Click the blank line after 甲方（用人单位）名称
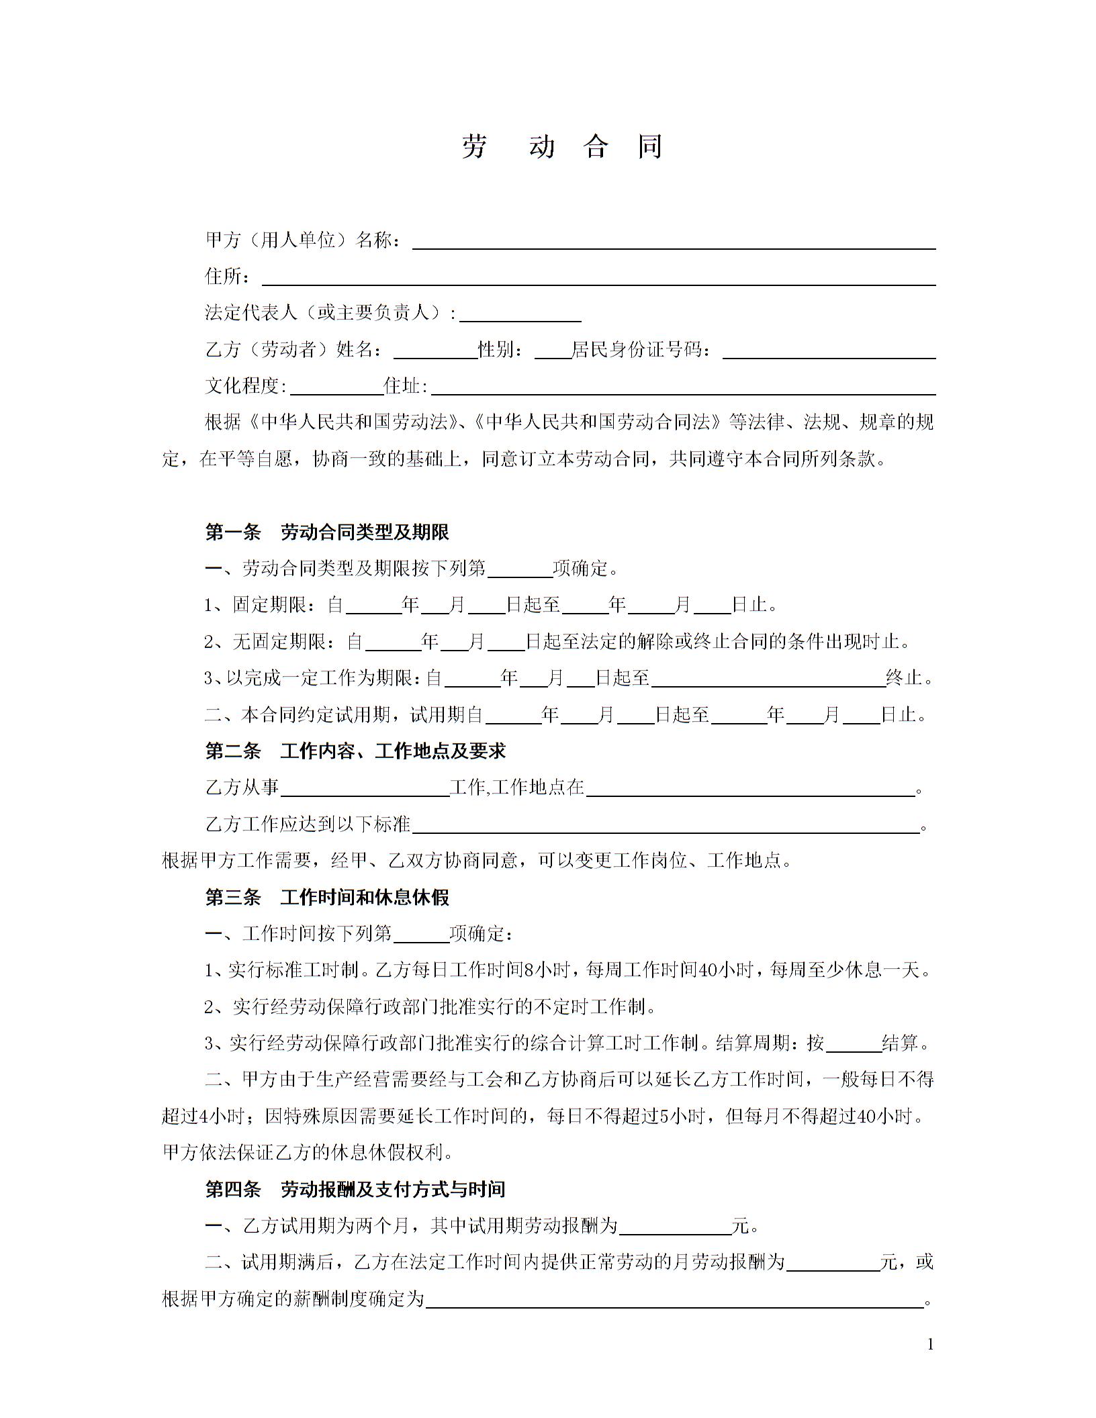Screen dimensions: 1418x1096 point(674,242)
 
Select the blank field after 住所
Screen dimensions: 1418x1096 point(598,278)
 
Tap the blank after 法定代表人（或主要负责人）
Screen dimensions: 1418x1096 point(520,314)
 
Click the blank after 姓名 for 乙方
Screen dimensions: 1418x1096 point(435,351)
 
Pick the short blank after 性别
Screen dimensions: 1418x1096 point(552,351)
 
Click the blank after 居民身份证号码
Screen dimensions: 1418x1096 point(829,351)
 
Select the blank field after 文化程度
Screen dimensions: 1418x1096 point(336,387)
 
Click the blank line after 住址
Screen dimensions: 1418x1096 point(684,387)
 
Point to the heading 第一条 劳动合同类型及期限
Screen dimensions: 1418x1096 point(327,532)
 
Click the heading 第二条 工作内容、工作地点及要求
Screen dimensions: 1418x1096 point(355,751)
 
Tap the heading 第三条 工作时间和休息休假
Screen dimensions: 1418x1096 point(327,897)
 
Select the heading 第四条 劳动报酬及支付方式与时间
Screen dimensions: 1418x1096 point(355,1189)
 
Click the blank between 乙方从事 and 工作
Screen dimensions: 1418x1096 point(365,789)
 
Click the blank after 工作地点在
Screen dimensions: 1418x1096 point(751,789)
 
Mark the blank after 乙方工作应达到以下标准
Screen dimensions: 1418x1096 point(665,825)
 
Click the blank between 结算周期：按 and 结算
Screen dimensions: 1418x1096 point(854,1044)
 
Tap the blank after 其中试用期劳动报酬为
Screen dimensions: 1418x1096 point(675,1227)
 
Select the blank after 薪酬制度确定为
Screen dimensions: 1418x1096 point(675,1300)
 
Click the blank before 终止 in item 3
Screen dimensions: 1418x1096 point(768,679)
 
